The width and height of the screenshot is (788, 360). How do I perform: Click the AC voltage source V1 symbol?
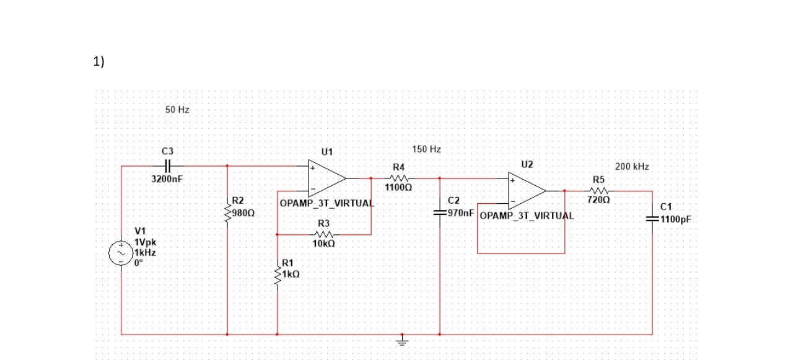(x=121, y=253)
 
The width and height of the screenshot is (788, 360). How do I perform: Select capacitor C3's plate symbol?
(x=167, y=166)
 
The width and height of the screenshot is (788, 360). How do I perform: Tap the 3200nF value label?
(x=167, y=179)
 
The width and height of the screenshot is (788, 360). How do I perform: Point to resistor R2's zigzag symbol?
(x=228, y=212)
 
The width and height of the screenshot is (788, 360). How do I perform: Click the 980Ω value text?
(x=243, y=213)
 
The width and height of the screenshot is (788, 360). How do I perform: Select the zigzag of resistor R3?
(x=324, y=234)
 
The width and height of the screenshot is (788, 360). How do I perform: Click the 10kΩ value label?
(x=324, y=244)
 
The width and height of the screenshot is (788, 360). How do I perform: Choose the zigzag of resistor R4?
(x=398, y=178)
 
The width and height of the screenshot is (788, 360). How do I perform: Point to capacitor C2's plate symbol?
(x=439, y=213)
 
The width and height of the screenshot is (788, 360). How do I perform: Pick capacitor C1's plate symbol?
(x=652, y=219)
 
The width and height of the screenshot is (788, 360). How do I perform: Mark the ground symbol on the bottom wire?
(x=403, y=340)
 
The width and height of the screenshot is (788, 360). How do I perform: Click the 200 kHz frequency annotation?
(x=632, y=167)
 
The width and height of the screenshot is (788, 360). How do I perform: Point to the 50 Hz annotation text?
(x=177, y=110)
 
